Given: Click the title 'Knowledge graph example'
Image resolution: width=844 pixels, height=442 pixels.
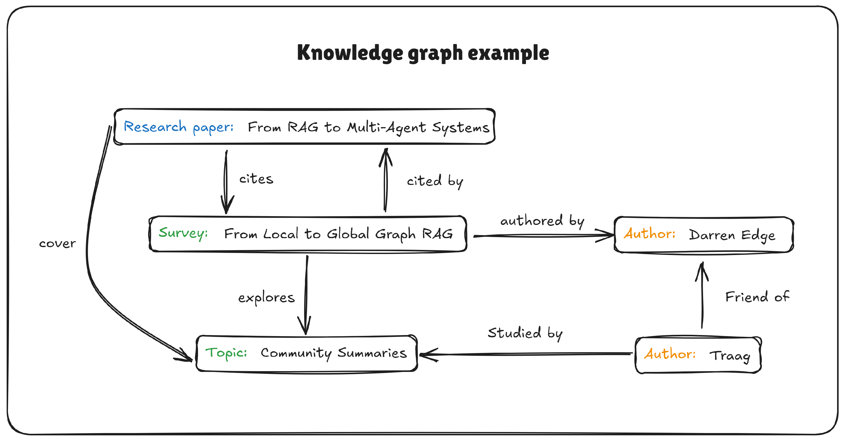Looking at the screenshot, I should coord(423,53).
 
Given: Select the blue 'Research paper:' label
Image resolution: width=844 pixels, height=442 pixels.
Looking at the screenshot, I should coord(179,127).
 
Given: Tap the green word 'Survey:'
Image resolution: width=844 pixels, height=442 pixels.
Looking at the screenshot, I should coord(183,233).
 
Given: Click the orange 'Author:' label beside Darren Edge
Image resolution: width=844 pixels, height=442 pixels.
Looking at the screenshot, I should coord(649,234).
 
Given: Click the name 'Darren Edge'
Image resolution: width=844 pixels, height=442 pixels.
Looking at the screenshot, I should coord(732,235).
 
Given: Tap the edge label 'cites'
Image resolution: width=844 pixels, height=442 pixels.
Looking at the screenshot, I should coord(256,179).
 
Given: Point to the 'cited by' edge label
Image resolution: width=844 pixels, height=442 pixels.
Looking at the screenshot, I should coord(435,181).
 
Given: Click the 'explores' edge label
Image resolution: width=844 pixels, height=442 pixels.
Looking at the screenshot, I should coord(266,298).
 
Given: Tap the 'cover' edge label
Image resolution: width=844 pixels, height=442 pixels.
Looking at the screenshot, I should coord(57,244).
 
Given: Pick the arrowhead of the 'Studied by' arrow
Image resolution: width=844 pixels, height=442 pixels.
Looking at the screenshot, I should coord(424,355).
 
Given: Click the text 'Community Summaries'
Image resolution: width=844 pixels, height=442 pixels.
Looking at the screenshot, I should coord(334,353).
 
